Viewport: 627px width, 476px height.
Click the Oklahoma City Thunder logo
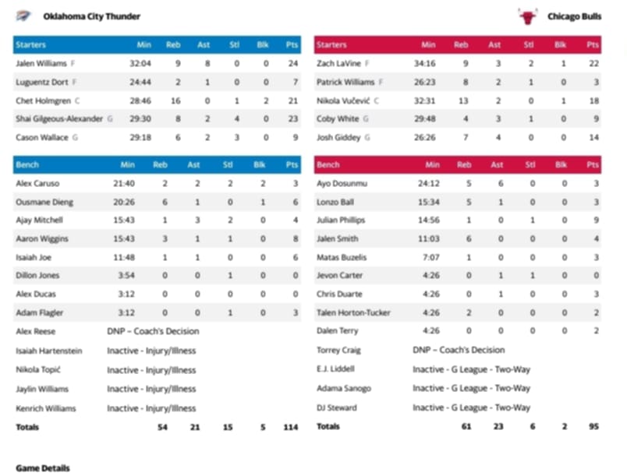[x=23, y=16]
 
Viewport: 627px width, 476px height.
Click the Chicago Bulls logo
[x=528, y=16]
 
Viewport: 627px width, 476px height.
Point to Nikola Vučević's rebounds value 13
[x=463, y=100]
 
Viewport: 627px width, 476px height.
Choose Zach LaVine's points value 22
[x=593, y=63]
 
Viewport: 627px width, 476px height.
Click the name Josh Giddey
[x=338, y=138]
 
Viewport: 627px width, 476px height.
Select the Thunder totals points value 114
[x=290, y=427]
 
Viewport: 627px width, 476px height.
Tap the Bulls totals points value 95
[x=592, y=427]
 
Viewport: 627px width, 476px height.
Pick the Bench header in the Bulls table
[x=328, y=165]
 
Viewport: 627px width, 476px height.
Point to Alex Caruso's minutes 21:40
[x=123, y=184]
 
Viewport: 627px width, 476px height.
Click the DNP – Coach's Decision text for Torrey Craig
[x=458, y=351]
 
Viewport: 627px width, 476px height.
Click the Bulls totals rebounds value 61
[x=467, y=427]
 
